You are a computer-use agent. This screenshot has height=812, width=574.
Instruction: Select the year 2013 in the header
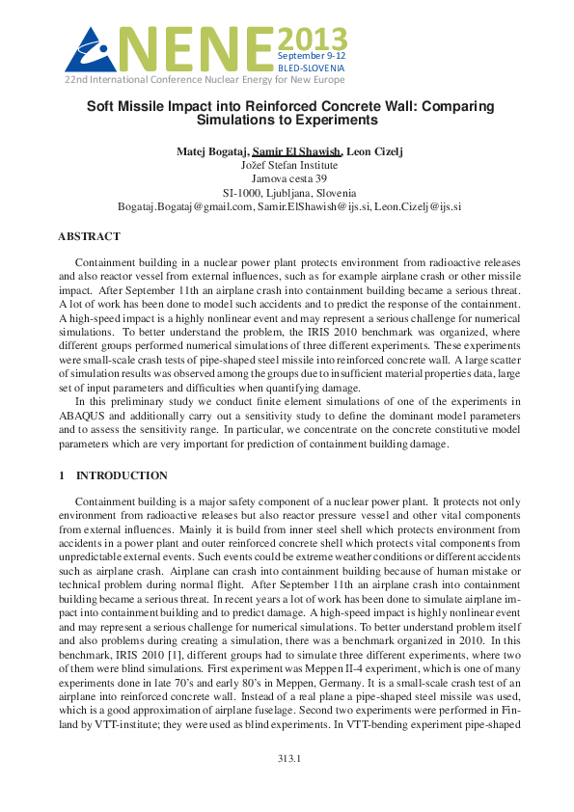(x=312, y=40)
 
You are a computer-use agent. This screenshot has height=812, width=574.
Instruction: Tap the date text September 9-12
(x=312, y=58)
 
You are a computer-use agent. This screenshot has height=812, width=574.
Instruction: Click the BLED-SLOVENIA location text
(x=312, y=69)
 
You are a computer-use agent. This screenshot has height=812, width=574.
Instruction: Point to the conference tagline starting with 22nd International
(x=205, y=80)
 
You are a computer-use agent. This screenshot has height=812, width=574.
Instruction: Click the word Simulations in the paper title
(x=239, y=122)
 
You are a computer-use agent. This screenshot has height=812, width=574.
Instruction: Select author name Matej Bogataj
(x=212, y=151)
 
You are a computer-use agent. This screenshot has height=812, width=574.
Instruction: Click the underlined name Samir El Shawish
(x=297, y=151)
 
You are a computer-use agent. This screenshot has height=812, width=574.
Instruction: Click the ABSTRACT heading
(x=89, y=236)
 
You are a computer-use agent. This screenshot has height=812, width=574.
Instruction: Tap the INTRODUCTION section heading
(x=122, y=475)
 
